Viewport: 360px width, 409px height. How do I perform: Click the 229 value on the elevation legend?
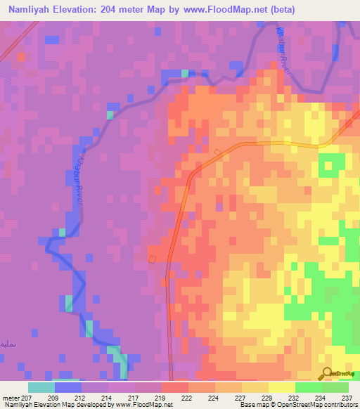[268, 396]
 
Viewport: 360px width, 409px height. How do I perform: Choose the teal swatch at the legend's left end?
[41, 387]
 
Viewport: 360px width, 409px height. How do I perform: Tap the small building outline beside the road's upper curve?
[218, 152]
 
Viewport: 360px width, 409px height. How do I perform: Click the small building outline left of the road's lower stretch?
[151, 259]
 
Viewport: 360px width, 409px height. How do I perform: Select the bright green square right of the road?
[328, 166]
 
